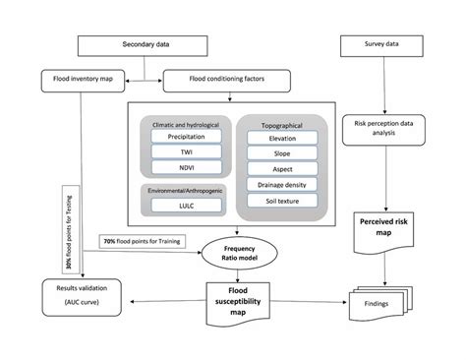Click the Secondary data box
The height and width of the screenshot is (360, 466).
coord(146,45)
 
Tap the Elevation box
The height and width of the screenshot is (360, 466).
coord(282,139)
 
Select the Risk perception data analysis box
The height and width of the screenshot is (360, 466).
coord(382,132)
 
